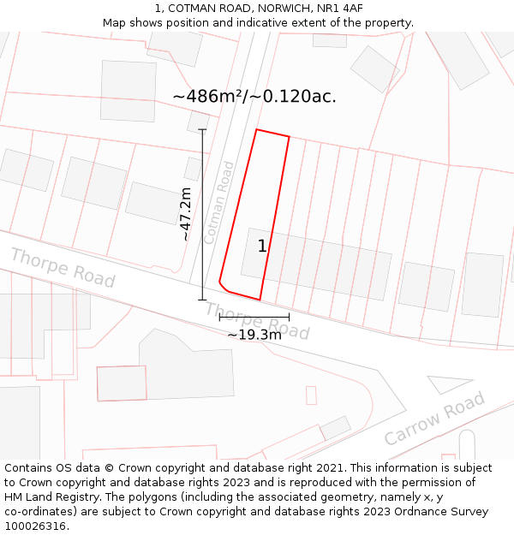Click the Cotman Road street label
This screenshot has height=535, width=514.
(219, 203)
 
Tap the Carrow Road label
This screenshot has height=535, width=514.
(433, 419)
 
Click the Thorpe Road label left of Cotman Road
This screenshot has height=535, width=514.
(63, 267)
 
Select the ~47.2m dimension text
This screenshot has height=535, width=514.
(185, 215)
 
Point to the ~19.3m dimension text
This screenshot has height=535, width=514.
(254, 335)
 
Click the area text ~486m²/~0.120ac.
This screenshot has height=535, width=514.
(254, 97)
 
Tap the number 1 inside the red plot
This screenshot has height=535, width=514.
(262, 247)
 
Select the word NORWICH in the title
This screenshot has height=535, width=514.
(281, 9)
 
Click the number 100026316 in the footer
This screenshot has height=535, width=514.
(36, 526)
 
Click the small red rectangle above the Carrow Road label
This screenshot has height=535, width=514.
(311, 395)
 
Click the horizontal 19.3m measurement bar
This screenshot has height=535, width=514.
(254, 317)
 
